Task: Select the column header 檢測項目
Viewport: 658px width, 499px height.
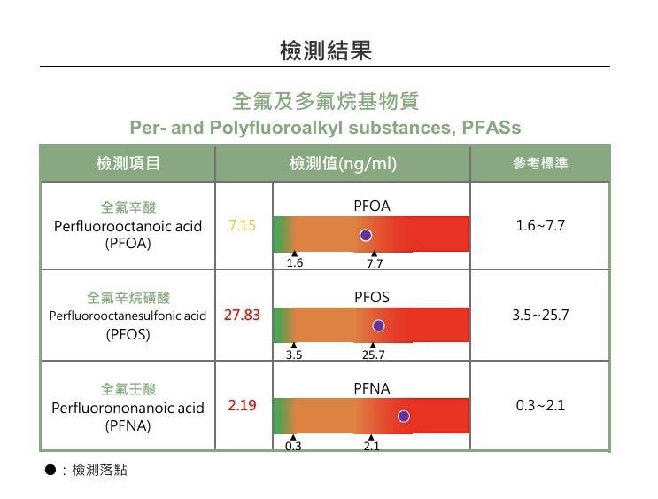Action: (128, 164)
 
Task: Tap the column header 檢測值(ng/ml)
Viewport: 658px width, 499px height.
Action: (343, 164)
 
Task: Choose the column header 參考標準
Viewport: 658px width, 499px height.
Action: (540, 164)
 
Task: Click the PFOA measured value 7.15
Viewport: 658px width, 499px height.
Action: (242, 226)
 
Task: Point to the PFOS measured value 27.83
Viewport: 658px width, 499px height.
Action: (242, 315)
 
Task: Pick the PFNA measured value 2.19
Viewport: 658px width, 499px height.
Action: (242, 406)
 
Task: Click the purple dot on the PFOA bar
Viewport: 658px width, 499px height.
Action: (366, 235)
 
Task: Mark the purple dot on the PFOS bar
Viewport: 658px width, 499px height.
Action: (379, 325)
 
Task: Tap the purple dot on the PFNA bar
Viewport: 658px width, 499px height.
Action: (404, 416)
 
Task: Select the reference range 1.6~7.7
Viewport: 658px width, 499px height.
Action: (540, 226)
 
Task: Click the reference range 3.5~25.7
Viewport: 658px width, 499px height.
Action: (540, 315)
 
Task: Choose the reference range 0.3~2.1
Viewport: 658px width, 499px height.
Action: (540, 406)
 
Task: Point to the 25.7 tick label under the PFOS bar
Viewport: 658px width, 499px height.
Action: (374, 355)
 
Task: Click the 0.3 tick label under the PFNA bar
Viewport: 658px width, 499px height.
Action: (293, 447)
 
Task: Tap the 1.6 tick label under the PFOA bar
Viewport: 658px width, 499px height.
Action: (295, 263)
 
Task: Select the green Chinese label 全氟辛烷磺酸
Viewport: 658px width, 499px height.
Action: (128, 297)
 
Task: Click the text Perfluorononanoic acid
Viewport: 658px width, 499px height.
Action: (128, 408)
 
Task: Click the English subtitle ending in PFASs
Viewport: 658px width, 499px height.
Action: (325, 127)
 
